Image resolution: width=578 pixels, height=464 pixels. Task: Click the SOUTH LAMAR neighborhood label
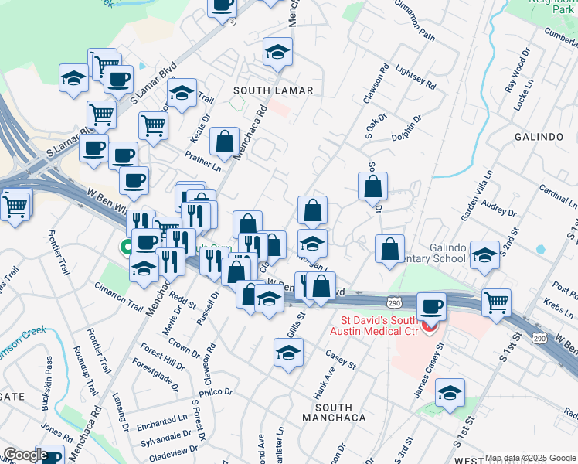(274, 90)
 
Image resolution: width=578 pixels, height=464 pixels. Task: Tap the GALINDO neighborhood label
(539, 137)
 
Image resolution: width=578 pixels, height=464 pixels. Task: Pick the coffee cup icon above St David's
(432, 305)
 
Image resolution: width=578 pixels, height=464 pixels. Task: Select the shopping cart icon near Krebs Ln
(496, 301)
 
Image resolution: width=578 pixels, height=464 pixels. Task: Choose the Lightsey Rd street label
(415, 75)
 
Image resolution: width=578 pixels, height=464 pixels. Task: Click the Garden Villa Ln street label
(476, 197)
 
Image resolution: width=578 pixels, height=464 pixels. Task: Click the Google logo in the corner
(25, 455)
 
